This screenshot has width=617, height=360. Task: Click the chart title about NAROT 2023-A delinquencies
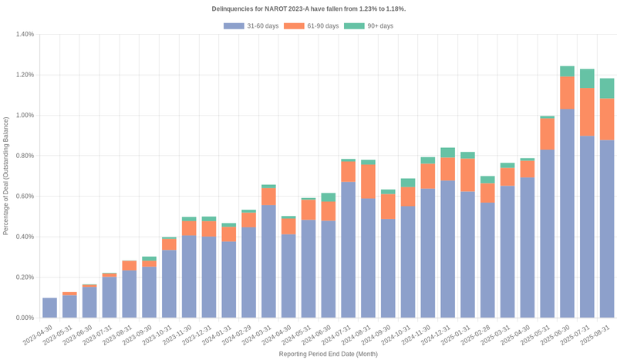[x=308, y=8]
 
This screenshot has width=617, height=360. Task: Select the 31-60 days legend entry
[x=251, y=26]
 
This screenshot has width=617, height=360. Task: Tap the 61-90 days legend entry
[x=312, y=26]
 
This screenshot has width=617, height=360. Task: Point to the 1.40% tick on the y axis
[x=24, y=35]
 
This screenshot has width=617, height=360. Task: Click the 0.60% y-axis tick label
[x=24, y=197]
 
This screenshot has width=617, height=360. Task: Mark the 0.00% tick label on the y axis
[x=24, y=318]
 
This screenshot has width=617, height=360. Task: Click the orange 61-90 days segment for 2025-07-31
[x=588, y=112]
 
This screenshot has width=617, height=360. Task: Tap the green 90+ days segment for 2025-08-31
[x=608, y=88]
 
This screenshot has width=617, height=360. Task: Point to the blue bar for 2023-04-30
[x=49, y=308]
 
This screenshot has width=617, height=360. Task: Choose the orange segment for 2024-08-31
[x=368, y=182]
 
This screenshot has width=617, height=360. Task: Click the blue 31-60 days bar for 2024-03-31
[x=268, y=261]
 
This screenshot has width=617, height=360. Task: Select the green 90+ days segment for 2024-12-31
[x=448, y=152]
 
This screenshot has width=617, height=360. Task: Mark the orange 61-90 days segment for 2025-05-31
[x=548, y=133]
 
